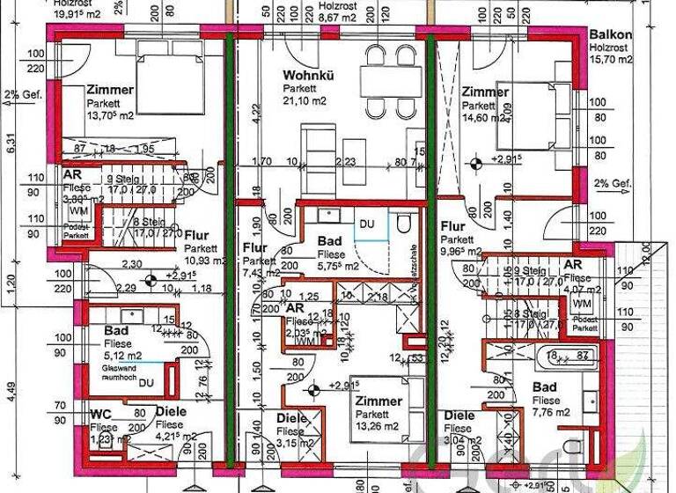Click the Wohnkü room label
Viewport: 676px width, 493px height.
pyautogui.click(x=303, y=77)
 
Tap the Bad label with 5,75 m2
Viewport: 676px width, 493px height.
pyautogui.click(x=329, y=240)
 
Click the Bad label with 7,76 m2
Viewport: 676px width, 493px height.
pyautogui.click(x=545, y=387)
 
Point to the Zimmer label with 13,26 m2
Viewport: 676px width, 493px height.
pyautogui.click(x=378, y=401)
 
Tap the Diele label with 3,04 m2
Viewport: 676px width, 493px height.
pyautogui.click(x=459, y=416)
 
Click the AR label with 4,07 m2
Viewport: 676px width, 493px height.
pyautogui.click(x=573, y=265)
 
